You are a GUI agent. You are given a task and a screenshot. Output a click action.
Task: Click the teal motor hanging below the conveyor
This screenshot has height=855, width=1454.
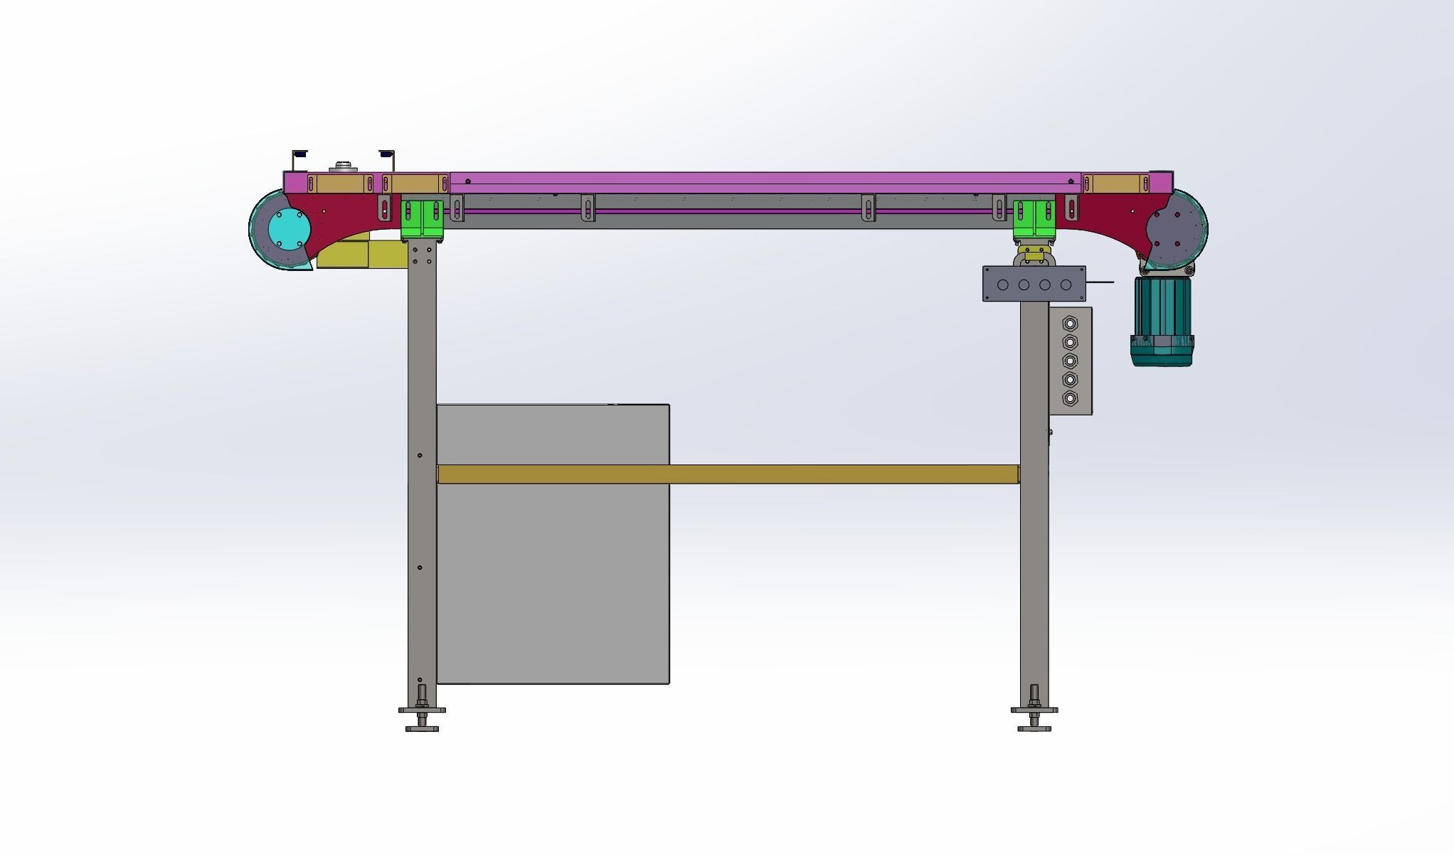tap(1162, 320)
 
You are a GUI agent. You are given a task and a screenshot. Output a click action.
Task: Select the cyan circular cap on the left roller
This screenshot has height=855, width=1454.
tap(290, 228)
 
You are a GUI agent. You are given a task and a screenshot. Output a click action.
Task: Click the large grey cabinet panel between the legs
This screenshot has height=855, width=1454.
tap(553, 569)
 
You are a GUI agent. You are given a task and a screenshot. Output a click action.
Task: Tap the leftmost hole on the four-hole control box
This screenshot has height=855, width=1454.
tap(1003, 285)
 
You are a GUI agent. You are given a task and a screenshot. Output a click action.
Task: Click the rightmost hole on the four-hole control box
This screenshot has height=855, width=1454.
tap(1066, 285)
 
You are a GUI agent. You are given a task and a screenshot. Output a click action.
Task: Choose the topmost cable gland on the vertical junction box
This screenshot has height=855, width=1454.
tap(1070, 324)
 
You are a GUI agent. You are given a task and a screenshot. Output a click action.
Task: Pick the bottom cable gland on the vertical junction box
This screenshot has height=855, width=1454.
tap(1070, 398)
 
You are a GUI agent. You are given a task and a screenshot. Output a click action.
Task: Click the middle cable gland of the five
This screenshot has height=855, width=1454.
tap(1070, 361)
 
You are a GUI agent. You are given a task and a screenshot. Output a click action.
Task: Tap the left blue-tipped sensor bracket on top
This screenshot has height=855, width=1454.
tap(299, 154)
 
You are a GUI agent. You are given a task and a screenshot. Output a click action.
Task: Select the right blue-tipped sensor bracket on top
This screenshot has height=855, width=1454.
tap(387, 154)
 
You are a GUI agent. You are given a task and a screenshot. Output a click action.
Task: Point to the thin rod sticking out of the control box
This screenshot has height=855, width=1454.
tap(1100, 282)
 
